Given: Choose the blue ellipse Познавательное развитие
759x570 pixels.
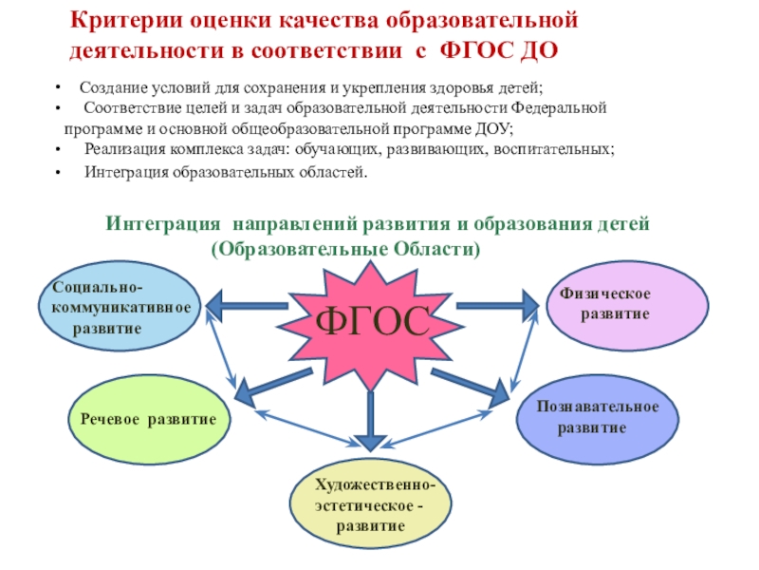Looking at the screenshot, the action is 597,417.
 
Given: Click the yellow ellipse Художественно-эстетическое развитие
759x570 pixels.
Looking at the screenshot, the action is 369,504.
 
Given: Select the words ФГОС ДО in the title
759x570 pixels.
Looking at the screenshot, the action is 521,48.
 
